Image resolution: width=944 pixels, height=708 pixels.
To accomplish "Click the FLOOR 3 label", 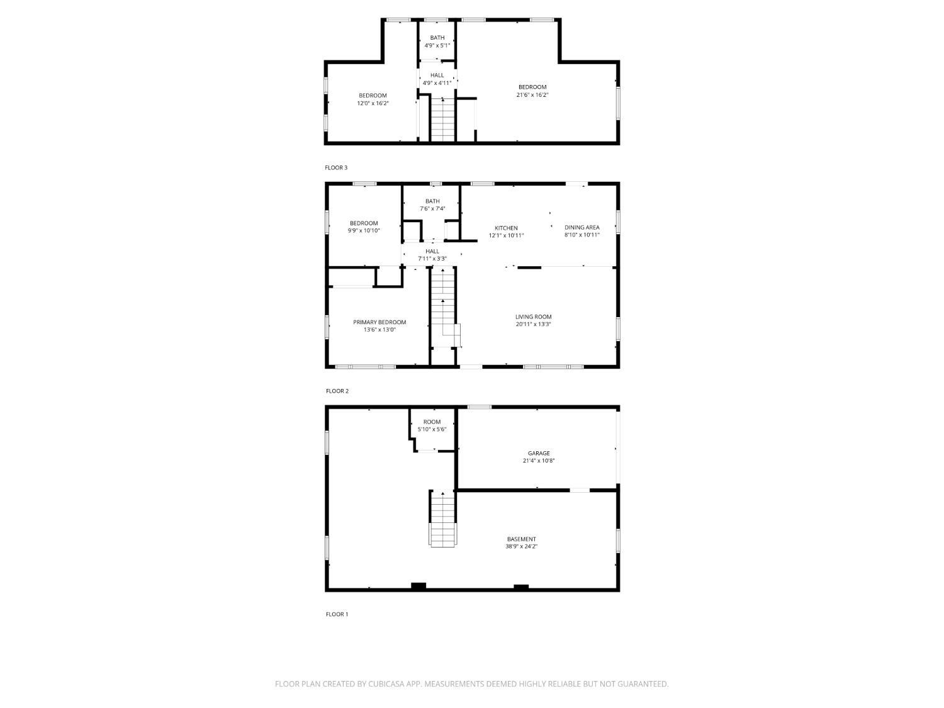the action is coord(336,167).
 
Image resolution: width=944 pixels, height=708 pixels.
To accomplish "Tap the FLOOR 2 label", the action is coord(337,391).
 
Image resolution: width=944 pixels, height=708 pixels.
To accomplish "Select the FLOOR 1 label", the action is coord(337,614).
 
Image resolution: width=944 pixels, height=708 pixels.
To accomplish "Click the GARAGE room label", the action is coord(539,453).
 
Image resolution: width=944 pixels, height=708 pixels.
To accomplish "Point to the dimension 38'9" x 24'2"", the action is coord(521,546).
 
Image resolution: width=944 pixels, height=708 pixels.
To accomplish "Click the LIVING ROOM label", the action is coord(533,317).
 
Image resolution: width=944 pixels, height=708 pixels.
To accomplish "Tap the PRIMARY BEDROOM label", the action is coord(379,322).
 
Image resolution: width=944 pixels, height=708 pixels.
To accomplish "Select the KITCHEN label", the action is coord(506,228).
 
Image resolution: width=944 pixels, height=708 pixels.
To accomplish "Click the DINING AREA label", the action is coord(582,227).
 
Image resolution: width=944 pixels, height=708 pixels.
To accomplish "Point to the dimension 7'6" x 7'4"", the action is coord(432,209).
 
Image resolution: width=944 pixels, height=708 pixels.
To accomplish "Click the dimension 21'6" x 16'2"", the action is coord(532,95).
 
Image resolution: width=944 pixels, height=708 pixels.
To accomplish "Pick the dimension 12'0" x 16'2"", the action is coord(373,104).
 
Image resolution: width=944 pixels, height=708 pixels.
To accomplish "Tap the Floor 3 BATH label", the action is coord(437,38).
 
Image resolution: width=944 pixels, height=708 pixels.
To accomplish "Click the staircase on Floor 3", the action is coord(443,120).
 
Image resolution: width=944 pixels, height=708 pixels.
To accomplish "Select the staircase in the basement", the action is coord(442,519).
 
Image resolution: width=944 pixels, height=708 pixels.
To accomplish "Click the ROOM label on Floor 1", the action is coord(432,422).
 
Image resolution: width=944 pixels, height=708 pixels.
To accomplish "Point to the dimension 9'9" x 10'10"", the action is coord(364,231).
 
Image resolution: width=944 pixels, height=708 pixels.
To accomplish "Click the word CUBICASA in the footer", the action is coord(386,684).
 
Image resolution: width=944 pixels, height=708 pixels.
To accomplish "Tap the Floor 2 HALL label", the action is coord(432,252).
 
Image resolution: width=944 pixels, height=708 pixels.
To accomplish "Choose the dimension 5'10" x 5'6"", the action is coord(432,429).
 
